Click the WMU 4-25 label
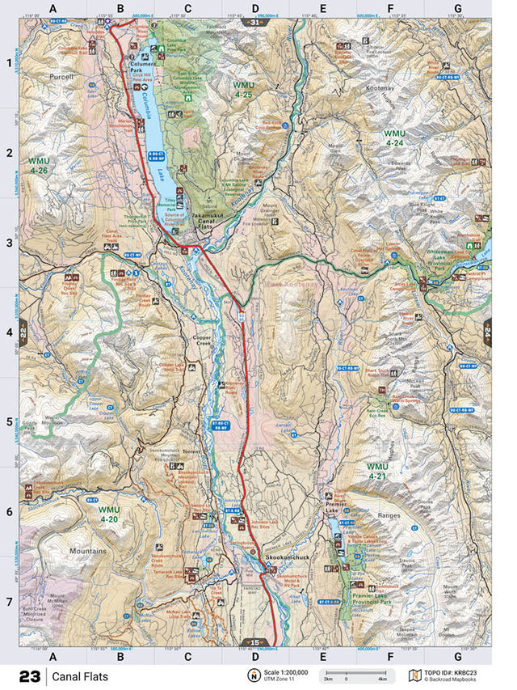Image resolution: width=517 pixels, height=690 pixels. tap(243, 89)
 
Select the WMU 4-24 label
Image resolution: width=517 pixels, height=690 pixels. tap(394, 138)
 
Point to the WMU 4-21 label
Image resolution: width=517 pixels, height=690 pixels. tap(377, 472)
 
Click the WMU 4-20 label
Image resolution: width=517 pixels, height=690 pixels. tap(108, 514)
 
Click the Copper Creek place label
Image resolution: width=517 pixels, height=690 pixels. tap(208, 344)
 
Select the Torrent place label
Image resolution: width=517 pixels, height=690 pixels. tap(191, 451)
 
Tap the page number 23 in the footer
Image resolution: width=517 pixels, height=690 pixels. tap(30, 675)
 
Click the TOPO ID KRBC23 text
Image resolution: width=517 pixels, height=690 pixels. tap(457, 672)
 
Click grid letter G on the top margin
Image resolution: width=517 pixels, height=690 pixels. tap(457, 9)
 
